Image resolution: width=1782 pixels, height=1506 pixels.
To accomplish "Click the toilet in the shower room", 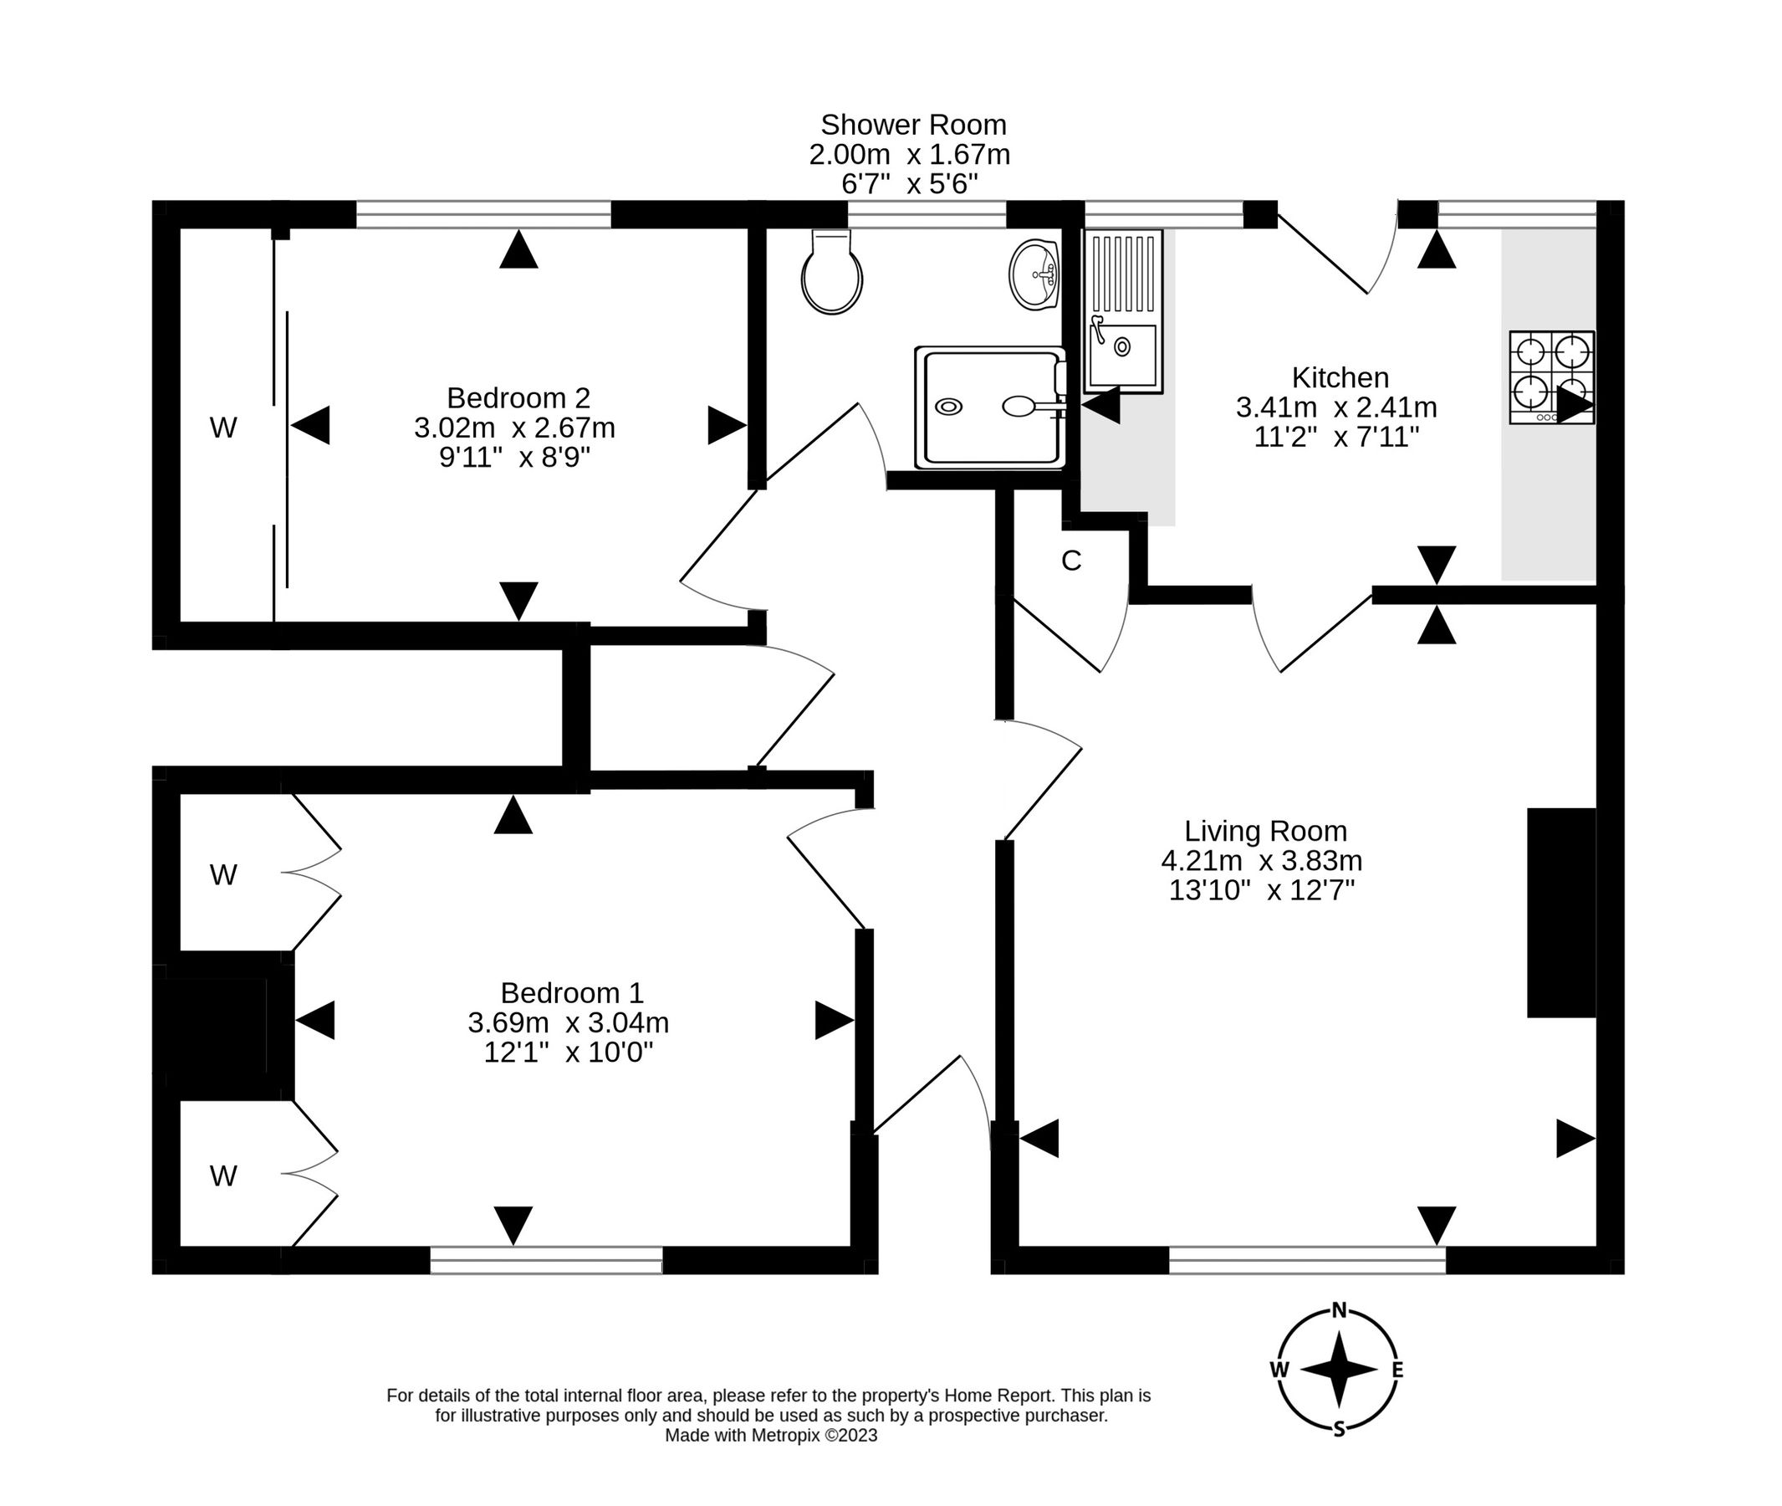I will tap(832, 274).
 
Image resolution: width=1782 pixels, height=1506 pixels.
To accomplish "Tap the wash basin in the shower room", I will tap(1035, 274).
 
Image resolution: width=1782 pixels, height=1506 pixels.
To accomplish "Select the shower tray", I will tap(990, 407).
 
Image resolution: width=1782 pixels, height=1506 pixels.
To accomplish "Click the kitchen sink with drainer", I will tap(1123, 310).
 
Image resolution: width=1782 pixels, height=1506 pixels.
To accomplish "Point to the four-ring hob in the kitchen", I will tap(1550, 376).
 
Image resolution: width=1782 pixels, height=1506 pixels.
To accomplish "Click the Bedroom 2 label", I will tap(518, 398).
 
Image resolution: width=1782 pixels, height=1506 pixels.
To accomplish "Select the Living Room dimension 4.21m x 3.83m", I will tap(1261, 861).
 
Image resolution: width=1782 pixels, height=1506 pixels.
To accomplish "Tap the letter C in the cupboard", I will tap(1071, 561).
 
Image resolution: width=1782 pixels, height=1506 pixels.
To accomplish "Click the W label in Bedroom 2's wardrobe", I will tap(222, 428).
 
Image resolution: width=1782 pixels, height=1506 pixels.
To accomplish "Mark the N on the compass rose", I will tap(1339, 1310).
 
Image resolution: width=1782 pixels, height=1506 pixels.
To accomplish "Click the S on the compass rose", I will tap(1339, 1429).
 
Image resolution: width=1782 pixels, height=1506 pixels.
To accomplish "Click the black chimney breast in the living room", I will tap(1561, 913).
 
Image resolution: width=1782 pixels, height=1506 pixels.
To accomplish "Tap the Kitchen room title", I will tap(1340, 377).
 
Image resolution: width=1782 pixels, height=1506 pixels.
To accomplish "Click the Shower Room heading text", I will tap(913, 125).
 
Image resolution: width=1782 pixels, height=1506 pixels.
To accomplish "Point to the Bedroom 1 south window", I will tap(546, 1260).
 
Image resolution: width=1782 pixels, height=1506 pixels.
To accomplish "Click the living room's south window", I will tap(1307, 1260).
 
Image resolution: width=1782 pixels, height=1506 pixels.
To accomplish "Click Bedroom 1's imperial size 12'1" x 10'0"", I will tap(569, 1053).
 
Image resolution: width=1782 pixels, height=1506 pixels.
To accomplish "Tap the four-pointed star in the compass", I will tap(1339, 1370).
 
